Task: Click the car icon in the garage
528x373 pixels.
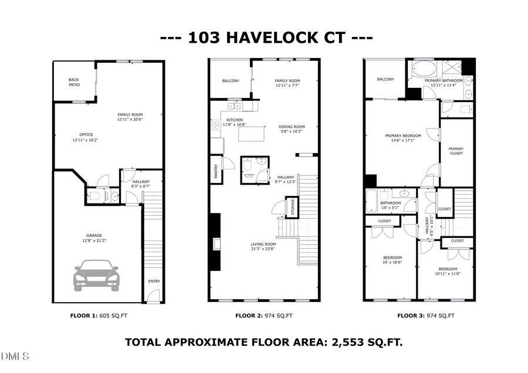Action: tap(96, 277)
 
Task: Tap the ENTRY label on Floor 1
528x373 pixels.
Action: tap(154, 282)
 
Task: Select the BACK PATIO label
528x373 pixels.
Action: tap(74, 82)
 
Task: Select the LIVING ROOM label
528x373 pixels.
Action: tap(263, 243)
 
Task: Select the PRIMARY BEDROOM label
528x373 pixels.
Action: tap(403, 135)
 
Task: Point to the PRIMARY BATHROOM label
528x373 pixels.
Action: tap(444, 80)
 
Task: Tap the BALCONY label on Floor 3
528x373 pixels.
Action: tap(385, 79)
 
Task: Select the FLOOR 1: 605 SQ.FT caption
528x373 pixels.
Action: tap(99, 316)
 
